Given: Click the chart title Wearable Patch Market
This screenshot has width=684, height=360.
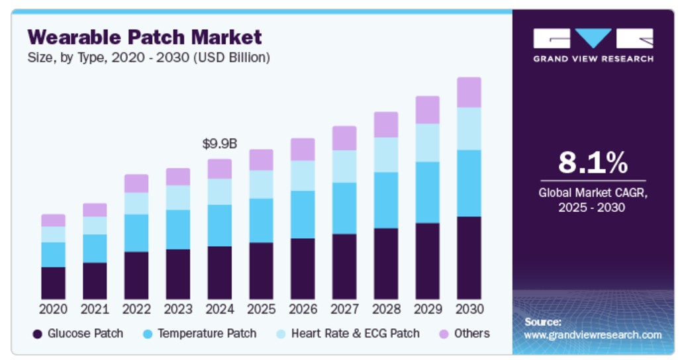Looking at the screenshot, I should pyautogui.click(x=144, y=36).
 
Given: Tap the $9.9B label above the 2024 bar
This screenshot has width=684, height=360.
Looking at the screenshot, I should pyautogui.click(x=219, y=143).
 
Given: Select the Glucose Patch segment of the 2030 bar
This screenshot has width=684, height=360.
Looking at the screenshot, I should pyautogui.click(x=469, y=257).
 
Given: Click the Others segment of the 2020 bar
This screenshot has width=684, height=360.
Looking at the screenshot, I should pyautogui.click(x=53, y=220).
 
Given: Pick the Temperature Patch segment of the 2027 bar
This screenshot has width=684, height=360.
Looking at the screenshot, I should pyautogui.click(x=344, y=208).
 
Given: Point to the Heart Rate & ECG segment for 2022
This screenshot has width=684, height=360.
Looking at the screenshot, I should pyautogui.click(x=136, y=203).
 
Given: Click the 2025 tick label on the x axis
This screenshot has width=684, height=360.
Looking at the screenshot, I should pyautogui.click(x=261, y=309).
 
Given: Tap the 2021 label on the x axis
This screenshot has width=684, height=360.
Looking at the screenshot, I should pyautogui.click(x=95, y=309).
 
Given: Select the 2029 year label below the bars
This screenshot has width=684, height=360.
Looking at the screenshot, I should pyautogui.click(x=427, y=309).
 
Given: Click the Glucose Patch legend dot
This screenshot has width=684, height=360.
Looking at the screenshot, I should pyautogui.click(x=38, y=334).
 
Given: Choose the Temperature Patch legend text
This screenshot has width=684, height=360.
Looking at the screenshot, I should pyautogui.click(x=207, y=334).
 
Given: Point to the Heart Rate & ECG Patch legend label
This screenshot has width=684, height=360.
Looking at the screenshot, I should pyautogui.click(x=355, y=334).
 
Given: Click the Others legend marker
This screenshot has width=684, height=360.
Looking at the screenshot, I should pyautogui.click(x=444, y=334).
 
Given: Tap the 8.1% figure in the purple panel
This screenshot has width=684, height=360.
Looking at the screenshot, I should pyautogui.click(x=593, y=162).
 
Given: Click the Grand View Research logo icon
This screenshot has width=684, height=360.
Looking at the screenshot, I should pyautogui.click(x=593, y=38).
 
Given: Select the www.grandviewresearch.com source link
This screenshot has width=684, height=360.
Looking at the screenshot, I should pyautogui.click(x=593, y=335).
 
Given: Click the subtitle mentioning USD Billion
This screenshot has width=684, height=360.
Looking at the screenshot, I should pyautogui.click(x=148, y=58).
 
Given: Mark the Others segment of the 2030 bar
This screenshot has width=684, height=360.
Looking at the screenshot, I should pyautogui.click(x=469, y=92).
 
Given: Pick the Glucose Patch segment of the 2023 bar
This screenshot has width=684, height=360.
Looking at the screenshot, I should pyautogui.click(x=177, y=274).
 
